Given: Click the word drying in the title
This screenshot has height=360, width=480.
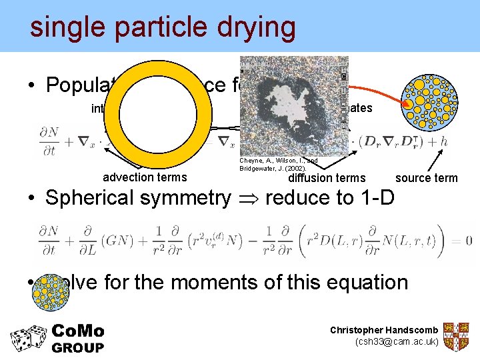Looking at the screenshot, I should tap(251, 27).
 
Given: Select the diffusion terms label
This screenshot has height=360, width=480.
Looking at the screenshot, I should tap(327, 177).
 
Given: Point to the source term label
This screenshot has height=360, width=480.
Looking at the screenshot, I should tap(427, 177).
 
